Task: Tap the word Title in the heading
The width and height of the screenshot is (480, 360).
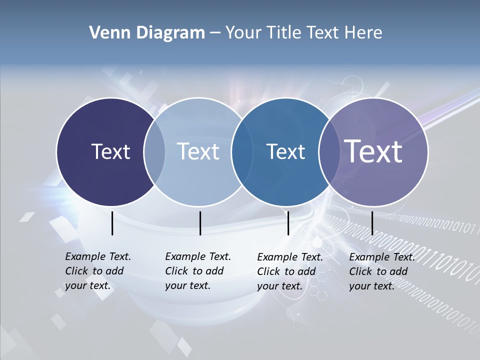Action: click(x=283, y=33)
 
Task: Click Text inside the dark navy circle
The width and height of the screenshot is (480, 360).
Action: click(x=110, y=151)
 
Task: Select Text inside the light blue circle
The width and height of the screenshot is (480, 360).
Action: click(x=198, y=151)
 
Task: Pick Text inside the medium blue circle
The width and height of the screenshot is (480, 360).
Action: click(x=285, y=151)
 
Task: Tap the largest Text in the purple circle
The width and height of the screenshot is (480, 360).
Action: click(x=373, y=151)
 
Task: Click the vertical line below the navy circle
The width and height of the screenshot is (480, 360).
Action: click(x=112, y=223)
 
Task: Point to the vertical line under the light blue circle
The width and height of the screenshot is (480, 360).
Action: click(x=200, y=223)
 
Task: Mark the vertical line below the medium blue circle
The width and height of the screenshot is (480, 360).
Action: click(x=288, y=223)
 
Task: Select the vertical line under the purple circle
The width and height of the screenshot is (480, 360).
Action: click(x=372, y=223)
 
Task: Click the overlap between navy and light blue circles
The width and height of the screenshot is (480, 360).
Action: click(x=154, y=151)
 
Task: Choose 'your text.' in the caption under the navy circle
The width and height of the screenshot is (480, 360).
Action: click(x=87, y=285)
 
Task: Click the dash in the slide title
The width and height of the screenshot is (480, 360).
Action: click(x=215, y=33)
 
